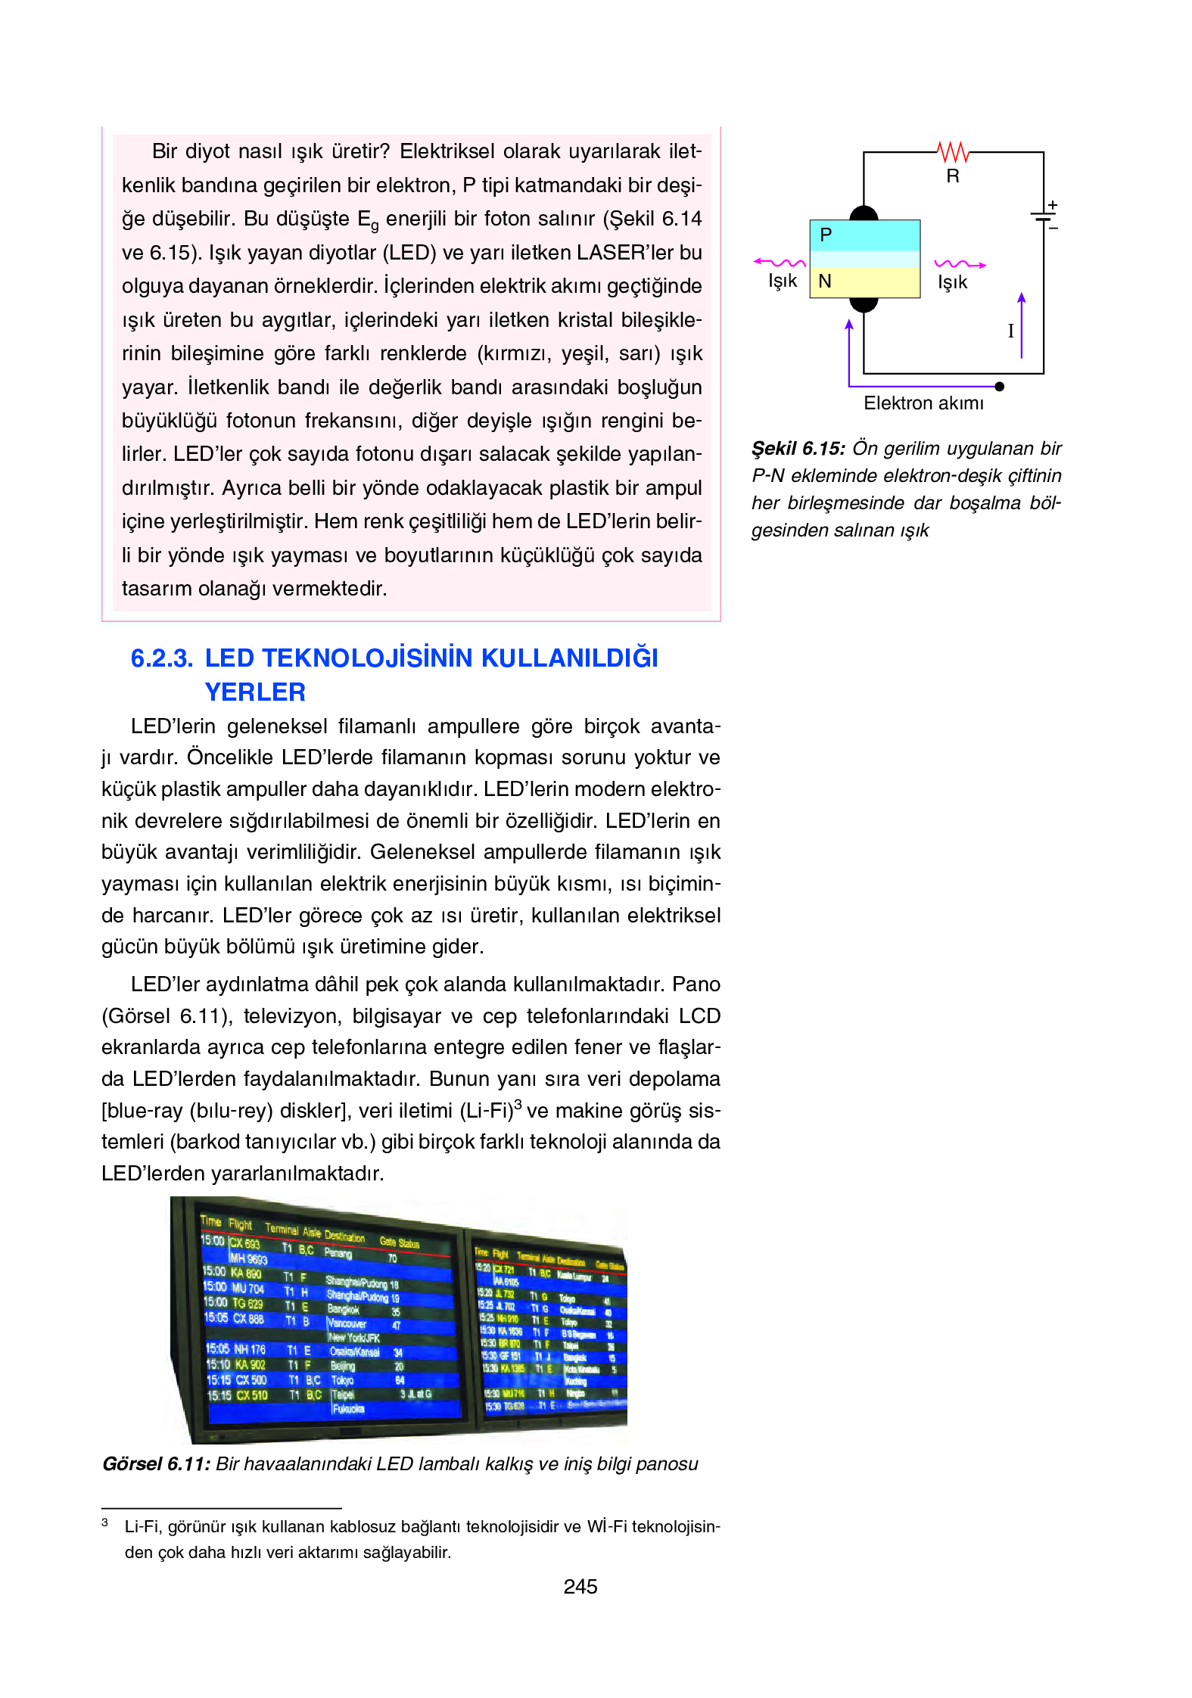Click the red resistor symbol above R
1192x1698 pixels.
953,152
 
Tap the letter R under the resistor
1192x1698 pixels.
953,176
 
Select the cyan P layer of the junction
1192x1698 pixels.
864,235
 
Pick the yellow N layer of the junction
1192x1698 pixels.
864,282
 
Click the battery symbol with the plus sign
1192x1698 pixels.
1044,216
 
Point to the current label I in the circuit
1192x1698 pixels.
1010,331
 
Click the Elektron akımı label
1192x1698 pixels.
923,403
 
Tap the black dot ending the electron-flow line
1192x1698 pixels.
999,387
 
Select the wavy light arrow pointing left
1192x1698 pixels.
780,263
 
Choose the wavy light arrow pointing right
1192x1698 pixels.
960,264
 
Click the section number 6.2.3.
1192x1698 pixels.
161,658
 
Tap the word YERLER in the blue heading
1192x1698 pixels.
255,692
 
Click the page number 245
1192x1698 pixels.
580,1587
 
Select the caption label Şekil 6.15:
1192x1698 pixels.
798,449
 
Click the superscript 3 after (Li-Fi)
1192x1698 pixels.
518,1105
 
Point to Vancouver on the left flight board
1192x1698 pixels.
347,1323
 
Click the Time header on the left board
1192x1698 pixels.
210,1221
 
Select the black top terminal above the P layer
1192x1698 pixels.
864,213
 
